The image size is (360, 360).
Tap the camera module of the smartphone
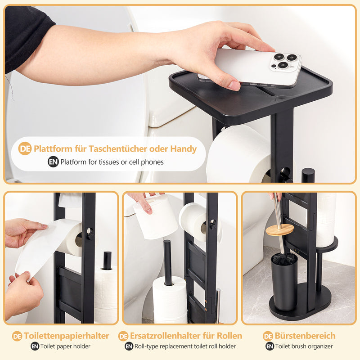tap(285, 61)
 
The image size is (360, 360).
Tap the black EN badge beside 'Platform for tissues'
tap(53, 162)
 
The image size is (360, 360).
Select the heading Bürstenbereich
tap(306, 336)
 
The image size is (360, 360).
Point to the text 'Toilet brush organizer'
tap(305, 346)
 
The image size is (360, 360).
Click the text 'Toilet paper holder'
tap(66, 346)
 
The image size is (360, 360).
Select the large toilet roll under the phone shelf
tap(238, 155)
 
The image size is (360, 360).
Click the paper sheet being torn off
tap(38, 250)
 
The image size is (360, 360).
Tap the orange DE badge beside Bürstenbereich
tap(268, 336)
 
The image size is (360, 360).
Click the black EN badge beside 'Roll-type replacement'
tap(129, 346)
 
